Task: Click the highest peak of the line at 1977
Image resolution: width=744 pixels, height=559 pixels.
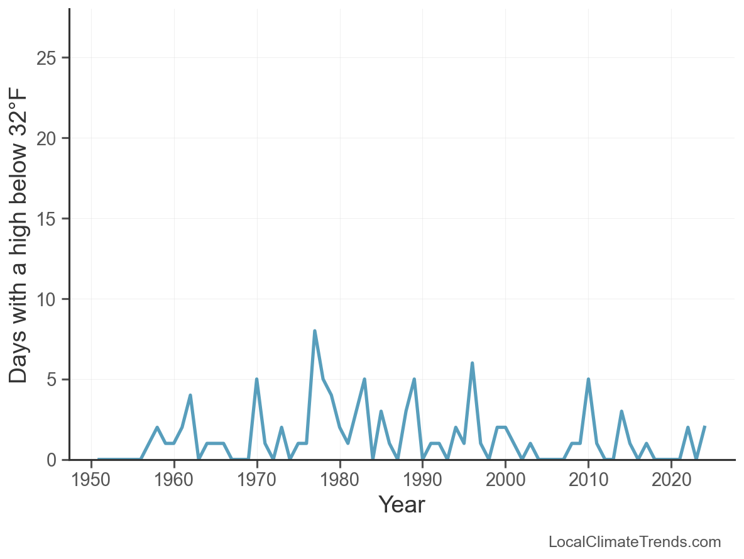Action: click(x=315, y=331)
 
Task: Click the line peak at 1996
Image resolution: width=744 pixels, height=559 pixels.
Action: click(x=472, y=363)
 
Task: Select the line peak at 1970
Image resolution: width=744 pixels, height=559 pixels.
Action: click(x=257, y=379)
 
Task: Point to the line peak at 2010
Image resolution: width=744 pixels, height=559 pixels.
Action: click(x=588, y=379)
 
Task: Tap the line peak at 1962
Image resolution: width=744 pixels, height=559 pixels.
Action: click(x=190, y=396)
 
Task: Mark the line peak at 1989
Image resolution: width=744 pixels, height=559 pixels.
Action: click(x=414, y=379)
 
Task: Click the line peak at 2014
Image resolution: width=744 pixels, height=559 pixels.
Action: click(x=621, y=411)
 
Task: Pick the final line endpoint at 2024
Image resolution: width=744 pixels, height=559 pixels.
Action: click(x=704, y=427)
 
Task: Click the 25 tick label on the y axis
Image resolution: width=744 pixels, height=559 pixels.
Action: click(x=48, y=58)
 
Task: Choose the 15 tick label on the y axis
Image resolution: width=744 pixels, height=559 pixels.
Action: click(x=48, y=219)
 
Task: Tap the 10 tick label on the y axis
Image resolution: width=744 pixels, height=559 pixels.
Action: click(x=48, y=299)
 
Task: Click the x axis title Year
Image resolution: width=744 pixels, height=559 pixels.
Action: click(x=402, y=505)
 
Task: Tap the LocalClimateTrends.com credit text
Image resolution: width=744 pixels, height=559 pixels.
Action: click(x=635, y=542)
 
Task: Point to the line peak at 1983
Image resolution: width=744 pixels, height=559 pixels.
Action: click(x=364, y=379)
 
